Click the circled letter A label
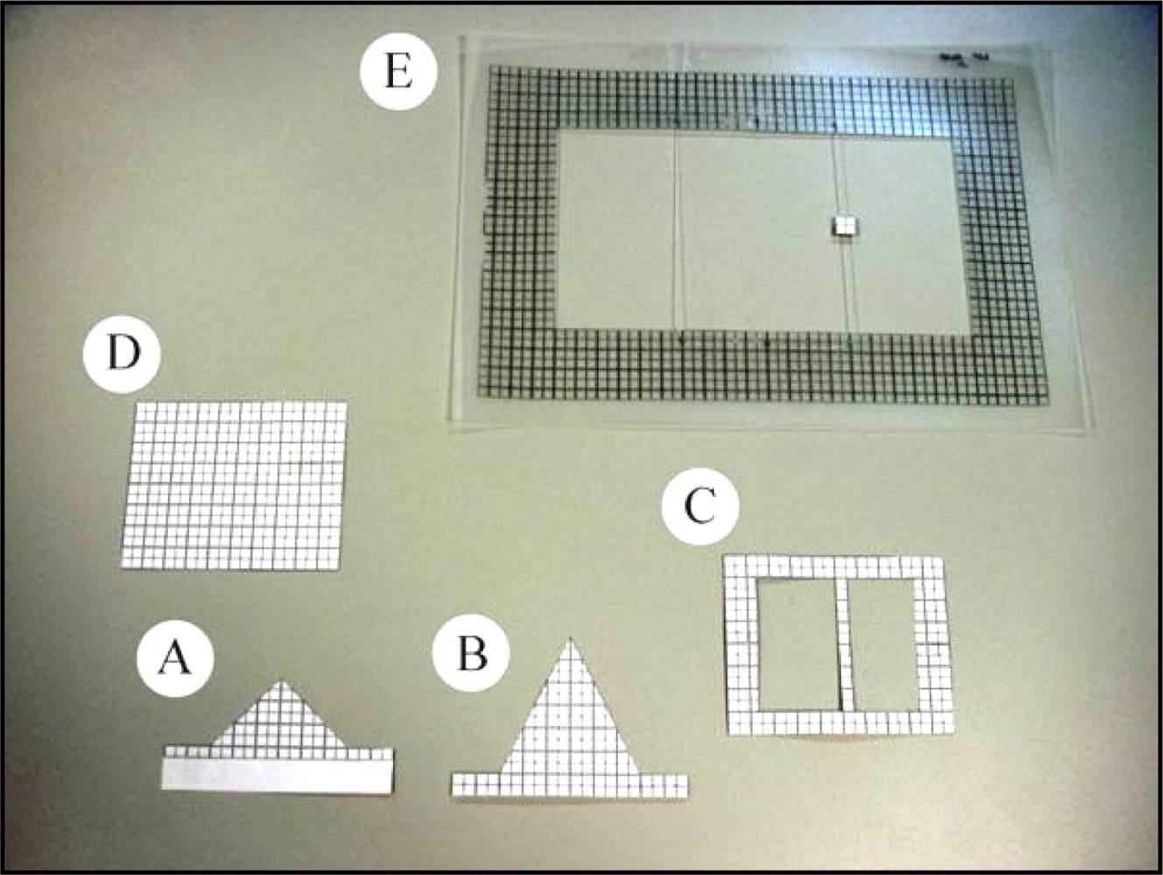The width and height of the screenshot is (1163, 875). pos(175,658)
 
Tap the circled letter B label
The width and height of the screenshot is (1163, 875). pos(471,654)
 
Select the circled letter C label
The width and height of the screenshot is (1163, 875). pos(700,505)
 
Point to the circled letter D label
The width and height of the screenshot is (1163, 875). pos(123,353)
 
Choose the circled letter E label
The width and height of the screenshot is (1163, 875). pos(398,71)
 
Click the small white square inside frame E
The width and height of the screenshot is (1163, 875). pos(843,226)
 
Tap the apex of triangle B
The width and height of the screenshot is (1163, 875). pos(570,640)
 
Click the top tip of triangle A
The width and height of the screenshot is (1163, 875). pos(282,682)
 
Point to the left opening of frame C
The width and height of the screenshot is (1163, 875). pos(798,645)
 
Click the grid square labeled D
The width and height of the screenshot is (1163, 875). pos(234,486)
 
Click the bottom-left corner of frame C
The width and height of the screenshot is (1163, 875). pos(730,734)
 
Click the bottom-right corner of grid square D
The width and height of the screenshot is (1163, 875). pos(339,570)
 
